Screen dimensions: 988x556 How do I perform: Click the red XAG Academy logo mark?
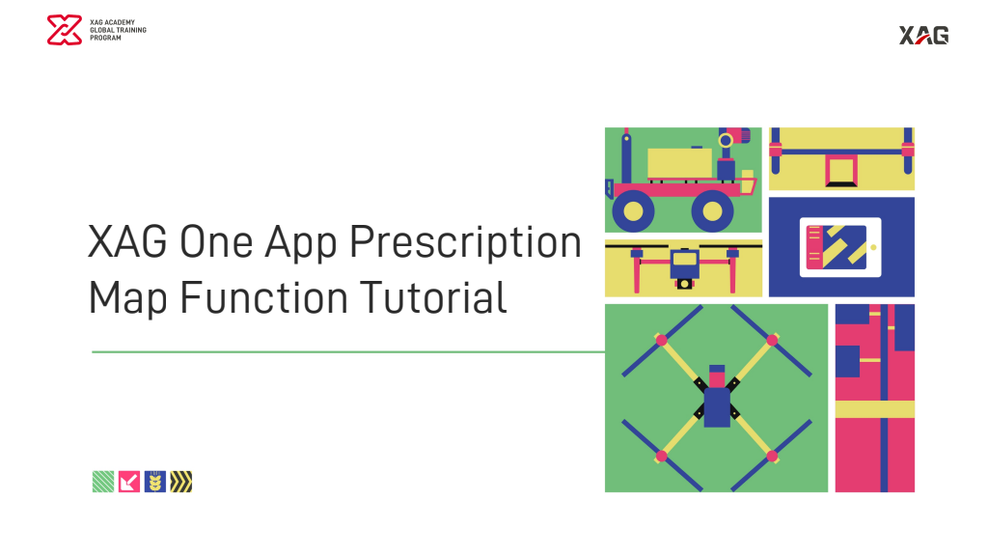(x=65, y=30)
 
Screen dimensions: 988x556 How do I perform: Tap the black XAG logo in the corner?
(x=923, y=36)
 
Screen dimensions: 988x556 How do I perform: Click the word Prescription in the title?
(x=465, y=243)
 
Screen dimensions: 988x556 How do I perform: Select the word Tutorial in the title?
(x=433, y=297)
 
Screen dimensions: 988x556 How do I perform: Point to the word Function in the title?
(x=263, y=297)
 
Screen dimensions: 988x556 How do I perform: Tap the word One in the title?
(x=216, y=242)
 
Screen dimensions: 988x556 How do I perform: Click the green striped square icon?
(x=103, y=482)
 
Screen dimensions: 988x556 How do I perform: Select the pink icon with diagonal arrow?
(x=129, y=482)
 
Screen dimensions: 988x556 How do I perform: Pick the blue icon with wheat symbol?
(x=155, y=482)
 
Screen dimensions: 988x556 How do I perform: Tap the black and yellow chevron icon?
(x=180, y=482)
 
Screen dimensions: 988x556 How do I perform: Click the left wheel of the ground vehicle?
(x=633, y=210)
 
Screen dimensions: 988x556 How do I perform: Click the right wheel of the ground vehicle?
(x=712, y=210)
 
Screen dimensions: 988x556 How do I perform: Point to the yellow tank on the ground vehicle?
(x=680, y=163)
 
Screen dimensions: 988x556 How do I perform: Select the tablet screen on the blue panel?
(x=837, y=247)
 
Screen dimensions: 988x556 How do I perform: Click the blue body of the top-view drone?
(x=717, y=407)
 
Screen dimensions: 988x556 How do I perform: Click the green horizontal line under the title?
(x=348, y=351)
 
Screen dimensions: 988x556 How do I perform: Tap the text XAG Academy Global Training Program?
(x=118, y=30)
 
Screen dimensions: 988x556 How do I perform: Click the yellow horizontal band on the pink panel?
(x=874, y=409)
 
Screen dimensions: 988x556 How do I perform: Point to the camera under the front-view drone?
(x=684, y=284)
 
